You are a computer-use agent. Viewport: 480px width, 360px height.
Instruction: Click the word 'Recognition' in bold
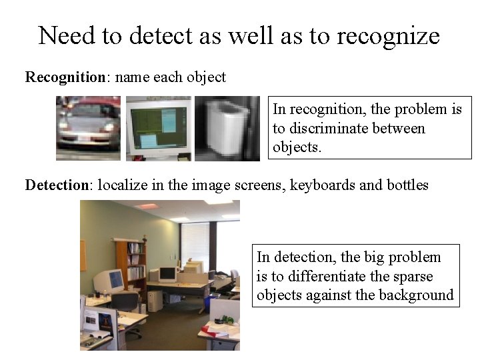[65, 77]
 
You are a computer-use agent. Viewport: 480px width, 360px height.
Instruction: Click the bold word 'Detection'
[56, 185]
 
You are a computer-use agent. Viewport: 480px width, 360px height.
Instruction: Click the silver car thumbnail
[89, 128]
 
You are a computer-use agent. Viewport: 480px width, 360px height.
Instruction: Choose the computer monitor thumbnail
[158, 128]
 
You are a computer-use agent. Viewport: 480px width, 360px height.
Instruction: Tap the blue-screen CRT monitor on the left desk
[111, 281]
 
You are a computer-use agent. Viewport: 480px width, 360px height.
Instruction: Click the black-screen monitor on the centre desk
[167, 274]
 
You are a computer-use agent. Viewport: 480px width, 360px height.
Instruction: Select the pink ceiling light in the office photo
[146, 206]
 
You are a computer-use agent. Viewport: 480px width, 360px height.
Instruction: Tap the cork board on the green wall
[83, 255]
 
